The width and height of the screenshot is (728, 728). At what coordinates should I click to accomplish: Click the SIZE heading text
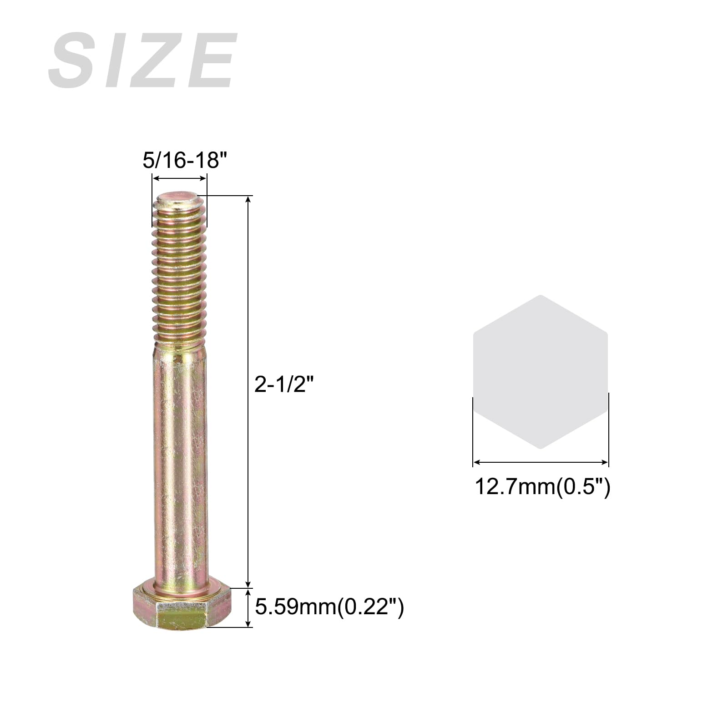pyautogui.click(x=143, y=60)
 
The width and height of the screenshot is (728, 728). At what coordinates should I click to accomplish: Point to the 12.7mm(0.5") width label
pyautogui.click(x=542, y=486)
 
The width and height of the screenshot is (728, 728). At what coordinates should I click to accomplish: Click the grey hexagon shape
pyautogui.click(x=541, y=372)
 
